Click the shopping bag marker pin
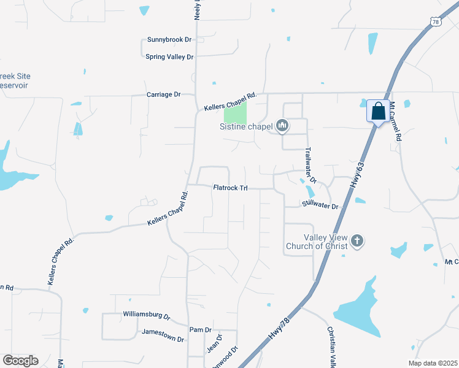pyautogui.click(x=379, y=112)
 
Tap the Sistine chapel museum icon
pyautogui.click(x=282, y=126)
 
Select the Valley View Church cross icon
pyautogui.click(x=357, y=241)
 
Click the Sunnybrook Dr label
pyautogui.click(x=169, y=40)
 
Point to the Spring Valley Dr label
pyautogui.click(x=169, y=57)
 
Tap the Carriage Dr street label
pyautogui.click(x=163, y=94)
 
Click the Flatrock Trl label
pyautogui.click(x=230, y=188)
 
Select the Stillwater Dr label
pyautogui.click(x=320, y=207)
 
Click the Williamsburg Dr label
pyautogui.click(x=146, y=315)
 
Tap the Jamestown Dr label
pyautogui.click(x=163, y=335)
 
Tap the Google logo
pyautogui.click(x=20, y=360)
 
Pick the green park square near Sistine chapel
pyautogui.click(x=235, y=112)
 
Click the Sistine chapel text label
pyautogui.click(x=245, y=128)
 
